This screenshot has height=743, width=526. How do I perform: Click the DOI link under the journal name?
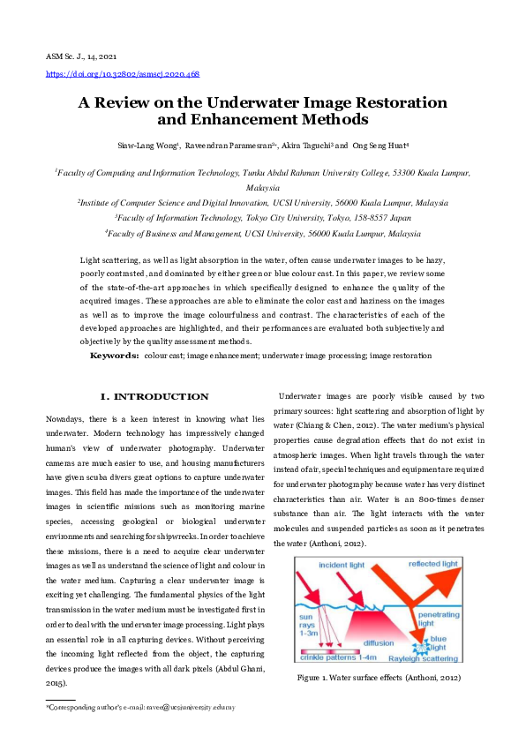(122, 74)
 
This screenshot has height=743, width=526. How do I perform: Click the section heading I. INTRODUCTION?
(155, 397)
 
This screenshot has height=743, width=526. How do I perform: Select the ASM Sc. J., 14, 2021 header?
(83, 56)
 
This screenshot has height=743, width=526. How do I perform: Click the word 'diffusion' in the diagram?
(379, 642)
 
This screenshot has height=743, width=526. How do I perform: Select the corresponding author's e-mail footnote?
(140, 707)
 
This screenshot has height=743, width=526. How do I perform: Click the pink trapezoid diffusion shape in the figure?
(379, 628)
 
